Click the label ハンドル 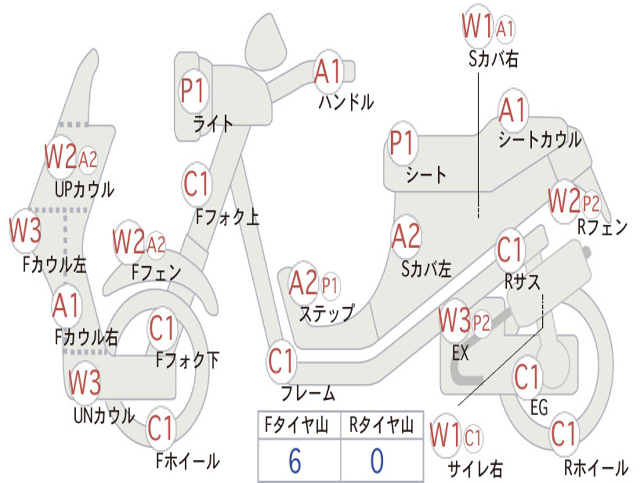coord(345,101)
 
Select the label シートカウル coord(540,140)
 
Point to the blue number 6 coord(294,461)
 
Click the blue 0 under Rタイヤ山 coord(376,461)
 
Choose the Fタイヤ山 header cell coord(299,426)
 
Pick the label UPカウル coord(84,189)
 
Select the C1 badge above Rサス coord(510,250)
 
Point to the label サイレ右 coord(474,469)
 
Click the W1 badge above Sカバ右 coord(477,27)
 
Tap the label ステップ coord(326,313)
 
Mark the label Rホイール coord(595,467)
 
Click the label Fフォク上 coord(227,218)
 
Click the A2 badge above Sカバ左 coord(406,236)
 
